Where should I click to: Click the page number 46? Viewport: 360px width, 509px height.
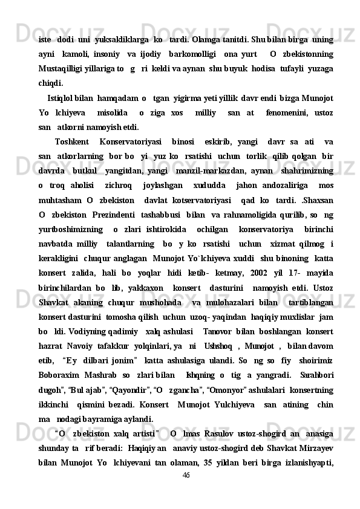186,490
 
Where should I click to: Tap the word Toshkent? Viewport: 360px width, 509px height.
68,142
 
